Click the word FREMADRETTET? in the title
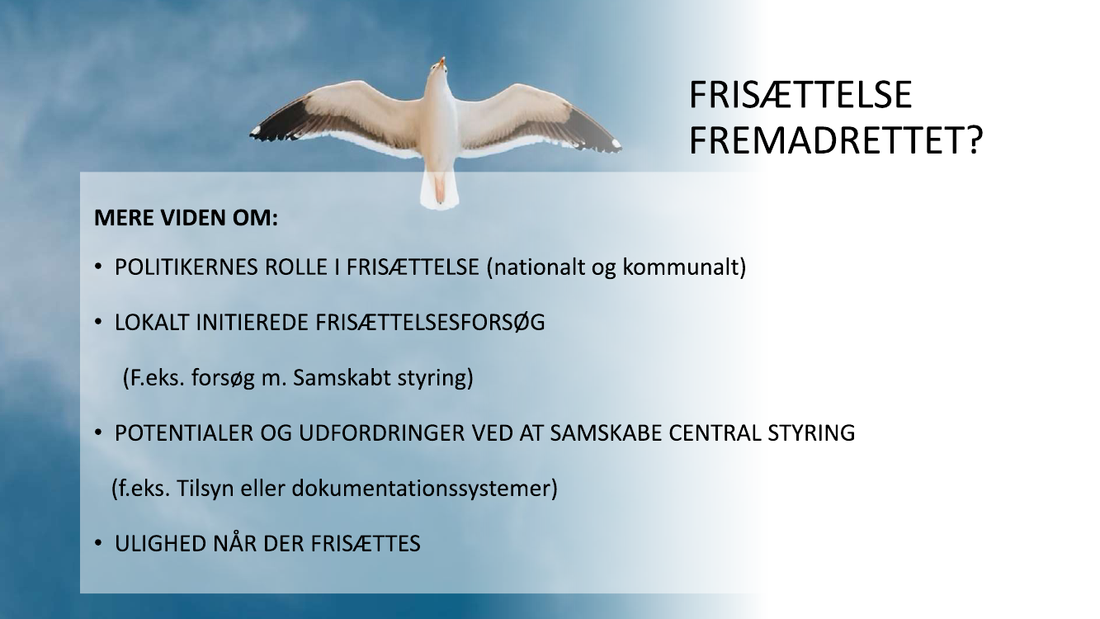click(x=836, y=141)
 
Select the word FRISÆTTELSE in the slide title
click(x=800, y=95)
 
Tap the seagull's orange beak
click(x=442, y=62)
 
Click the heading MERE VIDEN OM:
click(x=186, y=218)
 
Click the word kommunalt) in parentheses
click(x=684, y=267)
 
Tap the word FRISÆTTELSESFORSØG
click(x=430, y=323)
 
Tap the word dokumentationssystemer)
click(x=425, y=489)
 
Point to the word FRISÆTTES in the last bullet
click(x=366, y=544)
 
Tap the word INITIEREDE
click(x=252, y=323)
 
